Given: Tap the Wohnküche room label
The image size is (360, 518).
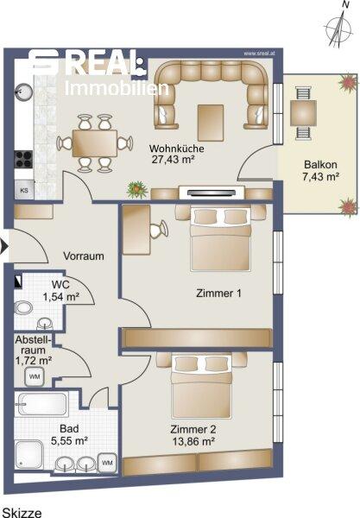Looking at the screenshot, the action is pos(176,148).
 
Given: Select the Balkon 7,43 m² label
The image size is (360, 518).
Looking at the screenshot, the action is pos(320,170).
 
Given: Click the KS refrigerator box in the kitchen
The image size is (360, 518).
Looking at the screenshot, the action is pos(24,190).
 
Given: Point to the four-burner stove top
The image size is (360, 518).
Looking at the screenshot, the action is pos(23,159).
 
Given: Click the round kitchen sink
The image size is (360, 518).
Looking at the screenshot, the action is pos(23,92).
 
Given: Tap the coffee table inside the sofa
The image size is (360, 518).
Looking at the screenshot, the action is pos(211,123).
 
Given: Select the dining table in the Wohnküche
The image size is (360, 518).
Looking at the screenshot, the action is pos(95,143).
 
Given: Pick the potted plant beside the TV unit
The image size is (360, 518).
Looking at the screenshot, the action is pos(137,190).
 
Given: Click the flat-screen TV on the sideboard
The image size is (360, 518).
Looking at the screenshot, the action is pos(211,193).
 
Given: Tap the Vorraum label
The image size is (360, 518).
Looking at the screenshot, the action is pos(84,256).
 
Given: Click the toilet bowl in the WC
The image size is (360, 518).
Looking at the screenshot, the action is pos(23,308).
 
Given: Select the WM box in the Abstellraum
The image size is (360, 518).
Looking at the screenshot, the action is pos(35,376).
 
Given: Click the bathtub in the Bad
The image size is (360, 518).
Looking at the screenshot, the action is pos(42,404).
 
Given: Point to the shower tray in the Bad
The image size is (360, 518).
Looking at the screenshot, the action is pos(29,455).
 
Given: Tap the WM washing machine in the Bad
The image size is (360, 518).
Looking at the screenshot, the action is pos(107,463).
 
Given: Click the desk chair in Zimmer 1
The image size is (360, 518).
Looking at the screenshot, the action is pos(159,229).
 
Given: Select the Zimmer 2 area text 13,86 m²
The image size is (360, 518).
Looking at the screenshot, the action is pos(194,441).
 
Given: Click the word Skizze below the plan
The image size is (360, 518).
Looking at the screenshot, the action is pos(22,512).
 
